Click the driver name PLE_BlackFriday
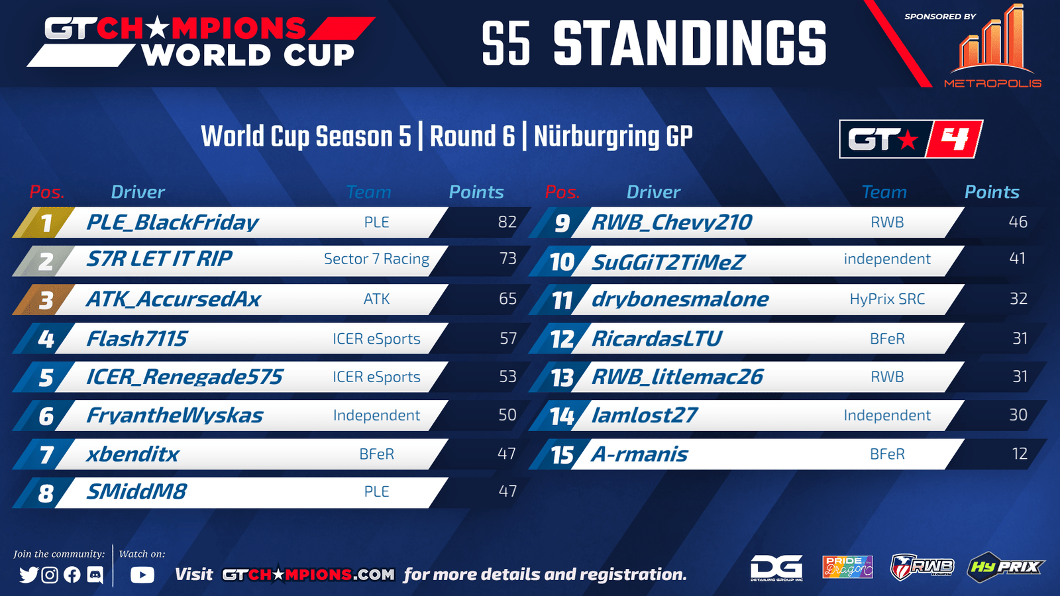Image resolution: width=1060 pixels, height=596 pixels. pyautogui.click(x=172, y=223)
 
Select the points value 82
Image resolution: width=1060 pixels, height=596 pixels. pyautogui.click(x=507, y=222)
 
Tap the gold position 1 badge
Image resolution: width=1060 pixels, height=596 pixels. pyautogui.click(x=44, y=223)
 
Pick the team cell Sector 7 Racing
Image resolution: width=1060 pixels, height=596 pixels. pyautogui.click(x=377, y=259)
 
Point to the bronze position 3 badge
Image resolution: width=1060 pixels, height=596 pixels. pyautogui.click(x=44, y=299)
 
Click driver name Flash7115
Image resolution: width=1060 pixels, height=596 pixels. pyautogui.click(x=136, y=338)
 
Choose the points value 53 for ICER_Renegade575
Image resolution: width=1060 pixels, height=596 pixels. pyautogui.click(x=507, y=377)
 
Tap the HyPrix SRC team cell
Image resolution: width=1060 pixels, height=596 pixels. pyautogui.click(x=887, y=299)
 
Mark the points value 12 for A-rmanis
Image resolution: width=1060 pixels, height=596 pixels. pyautogui.click(x=1020, y=454)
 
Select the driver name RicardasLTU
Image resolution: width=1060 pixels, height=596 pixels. pyautogui.click(x=657, y=338)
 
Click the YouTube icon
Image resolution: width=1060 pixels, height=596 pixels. pyautogui.click(x=142, y=575)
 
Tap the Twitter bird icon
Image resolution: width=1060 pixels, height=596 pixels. pyautogui.click(x=28, y=575)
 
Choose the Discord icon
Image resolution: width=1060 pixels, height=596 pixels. pyautogui.click(x=95, y=575)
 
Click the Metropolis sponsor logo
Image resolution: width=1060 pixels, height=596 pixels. pyautogui.click(x=992, y=46)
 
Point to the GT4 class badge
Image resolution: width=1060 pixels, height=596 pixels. pyautogui.click(x=911, y=139)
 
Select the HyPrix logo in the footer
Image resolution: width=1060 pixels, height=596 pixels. pyautogui.click(x=1005, y=566)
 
